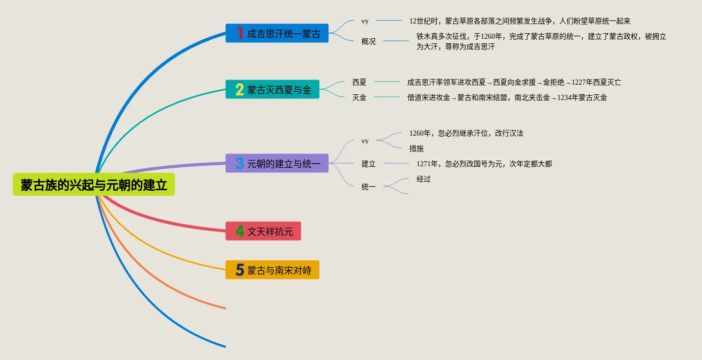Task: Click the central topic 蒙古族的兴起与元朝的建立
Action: point(94,185)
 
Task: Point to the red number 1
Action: point(239,34)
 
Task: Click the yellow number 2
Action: point(239,90)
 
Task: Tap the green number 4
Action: point(239,232)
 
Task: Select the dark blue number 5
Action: point(239,270)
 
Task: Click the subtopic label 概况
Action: point(369,42)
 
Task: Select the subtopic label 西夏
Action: point(359,82)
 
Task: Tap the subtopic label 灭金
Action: point(359,97)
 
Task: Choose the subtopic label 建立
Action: point(369,164)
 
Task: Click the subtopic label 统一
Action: point(369,187)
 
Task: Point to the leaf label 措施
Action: point(417,148)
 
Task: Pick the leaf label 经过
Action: point(424,179)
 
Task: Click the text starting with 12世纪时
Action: point(519,21)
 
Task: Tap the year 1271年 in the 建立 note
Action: point(427,164)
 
